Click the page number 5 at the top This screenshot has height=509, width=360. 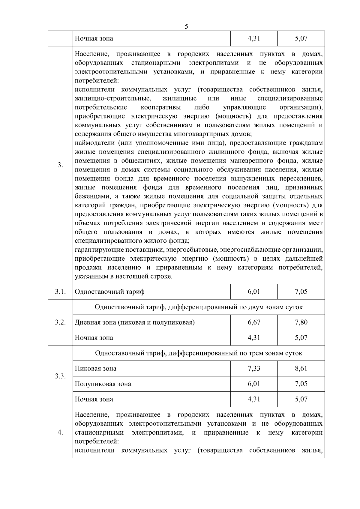186,27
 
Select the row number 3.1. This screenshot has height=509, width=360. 60,292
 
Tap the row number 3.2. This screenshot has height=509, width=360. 60,322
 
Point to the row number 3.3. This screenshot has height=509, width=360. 60,376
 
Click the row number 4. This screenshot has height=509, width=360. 60,432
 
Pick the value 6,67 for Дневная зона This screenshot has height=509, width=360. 254,322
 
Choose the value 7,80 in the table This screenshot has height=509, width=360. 301,322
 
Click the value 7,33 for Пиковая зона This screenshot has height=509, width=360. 254,368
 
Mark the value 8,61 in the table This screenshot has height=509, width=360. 301,368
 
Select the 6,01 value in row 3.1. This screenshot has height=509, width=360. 254,292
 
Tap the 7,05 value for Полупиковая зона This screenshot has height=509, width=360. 301,384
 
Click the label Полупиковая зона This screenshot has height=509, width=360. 103,384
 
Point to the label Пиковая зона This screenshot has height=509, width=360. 95,368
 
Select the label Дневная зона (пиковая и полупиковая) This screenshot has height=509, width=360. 135,322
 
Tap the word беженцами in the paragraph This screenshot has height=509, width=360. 91,196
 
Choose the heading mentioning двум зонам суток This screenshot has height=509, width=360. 199,307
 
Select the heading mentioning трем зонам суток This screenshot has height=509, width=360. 199,353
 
